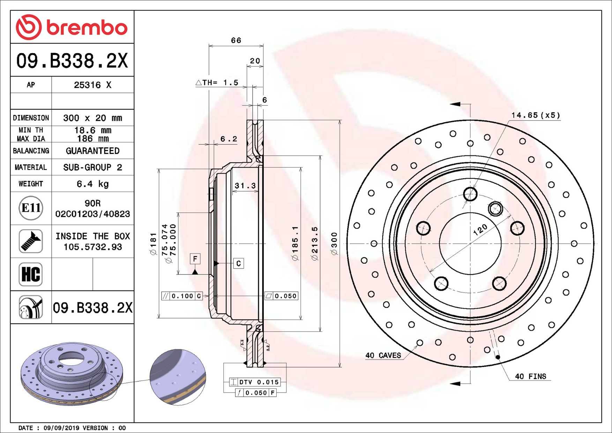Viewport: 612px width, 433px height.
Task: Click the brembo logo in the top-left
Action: [72, 27]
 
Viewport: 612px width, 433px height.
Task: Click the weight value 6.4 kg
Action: [92, 184]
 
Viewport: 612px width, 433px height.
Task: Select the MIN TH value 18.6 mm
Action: [92, 130]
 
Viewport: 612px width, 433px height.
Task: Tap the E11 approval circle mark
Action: [31, 208]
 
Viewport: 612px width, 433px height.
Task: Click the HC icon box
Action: [31, 274]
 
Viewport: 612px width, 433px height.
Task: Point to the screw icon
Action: [31, 241]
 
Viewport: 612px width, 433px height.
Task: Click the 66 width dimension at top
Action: [236, 41]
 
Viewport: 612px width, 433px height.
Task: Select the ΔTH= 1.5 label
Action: [217, 83]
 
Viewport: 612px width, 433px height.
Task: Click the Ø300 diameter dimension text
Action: [334, 244]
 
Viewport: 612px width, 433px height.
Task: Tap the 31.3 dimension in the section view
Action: [245, 186]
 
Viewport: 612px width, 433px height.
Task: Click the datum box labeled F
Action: [195, 259]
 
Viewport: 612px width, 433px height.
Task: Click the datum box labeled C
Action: [239, 263]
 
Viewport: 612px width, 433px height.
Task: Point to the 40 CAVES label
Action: [383, 355]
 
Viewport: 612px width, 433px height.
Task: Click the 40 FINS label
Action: [530, 376]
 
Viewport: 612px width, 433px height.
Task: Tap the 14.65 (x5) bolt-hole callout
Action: [536, 115]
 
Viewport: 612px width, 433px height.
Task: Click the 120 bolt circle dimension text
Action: [480, 229]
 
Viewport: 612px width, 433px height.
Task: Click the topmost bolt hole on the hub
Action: [470, 194]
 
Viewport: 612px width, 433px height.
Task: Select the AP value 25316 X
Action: [92, 85]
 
